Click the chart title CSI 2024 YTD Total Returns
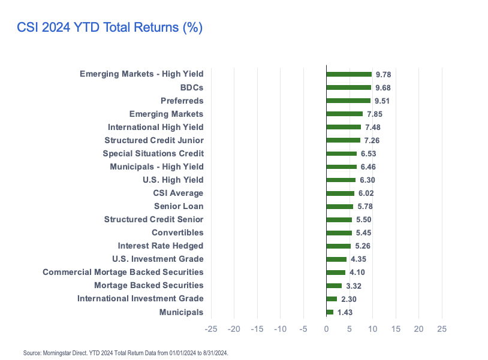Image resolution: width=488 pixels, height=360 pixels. point(110,28)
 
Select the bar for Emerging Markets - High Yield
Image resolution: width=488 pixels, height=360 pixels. point(349,74)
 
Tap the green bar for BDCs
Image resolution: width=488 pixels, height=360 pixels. point(348,87)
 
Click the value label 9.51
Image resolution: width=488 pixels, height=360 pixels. point(382,101)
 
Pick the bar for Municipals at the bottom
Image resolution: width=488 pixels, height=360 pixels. point(330,312)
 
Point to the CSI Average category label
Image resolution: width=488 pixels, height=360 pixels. point(178,193)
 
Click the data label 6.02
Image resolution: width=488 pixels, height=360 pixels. point(366,193)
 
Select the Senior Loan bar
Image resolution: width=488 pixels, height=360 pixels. point(339,206)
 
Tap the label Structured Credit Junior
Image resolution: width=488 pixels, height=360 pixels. point(153,140)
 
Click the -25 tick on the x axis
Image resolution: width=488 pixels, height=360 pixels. point(211,329)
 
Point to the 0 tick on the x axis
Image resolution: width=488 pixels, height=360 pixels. point(326,329)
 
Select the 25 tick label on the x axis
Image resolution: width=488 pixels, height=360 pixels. point(442,329)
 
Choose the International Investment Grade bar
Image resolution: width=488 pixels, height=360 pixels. point(332,298)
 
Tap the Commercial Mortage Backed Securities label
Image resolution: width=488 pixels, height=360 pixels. point(123,272)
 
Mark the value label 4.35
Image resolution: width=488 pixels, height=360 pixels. point(359,259)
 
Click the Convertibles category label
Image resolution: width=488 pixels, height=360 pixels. point(177,232)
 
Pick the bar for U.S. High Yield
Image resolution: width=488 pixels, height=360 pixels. point(341,180)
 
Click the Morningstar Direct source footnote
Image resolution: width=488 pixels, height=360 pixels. point(126,353)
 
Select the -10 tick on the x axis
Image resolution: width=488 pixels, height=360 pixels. point(280,329)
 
